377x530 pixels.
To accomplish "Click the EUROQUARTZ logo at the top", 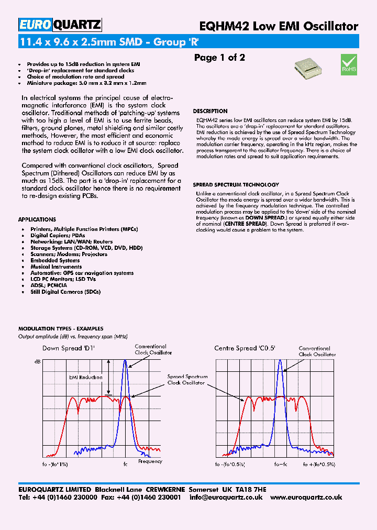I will pos(60,25).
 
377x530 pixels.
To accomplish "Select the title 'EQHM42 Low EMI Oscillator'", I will pos(279,26).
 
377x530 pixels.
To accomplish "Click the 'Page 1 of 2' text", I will pos(219,58).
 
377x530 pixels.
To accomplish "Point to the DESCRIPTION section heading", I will pos(210,111).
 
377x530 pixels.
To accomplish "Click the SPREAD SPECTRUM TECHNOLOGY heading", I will pos(236,185).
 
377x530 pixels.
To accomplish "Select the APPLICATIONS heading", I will pos(37,219).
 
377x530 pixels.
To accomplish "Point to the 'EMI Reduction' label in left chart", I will pos(86,377).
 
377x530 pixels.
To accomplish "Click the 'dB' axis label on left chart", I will pos(37,362).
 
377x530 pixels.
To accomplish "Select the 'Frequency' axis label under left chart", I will pos(150,461).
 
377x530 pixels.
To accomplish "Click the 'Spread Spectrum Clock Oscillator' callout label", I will pos(187,380).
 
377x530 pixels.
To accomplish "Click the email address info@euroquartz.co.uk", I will pos(226,498).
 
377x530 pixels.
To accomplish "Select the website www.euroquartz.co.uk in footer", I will pos(307,498).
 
